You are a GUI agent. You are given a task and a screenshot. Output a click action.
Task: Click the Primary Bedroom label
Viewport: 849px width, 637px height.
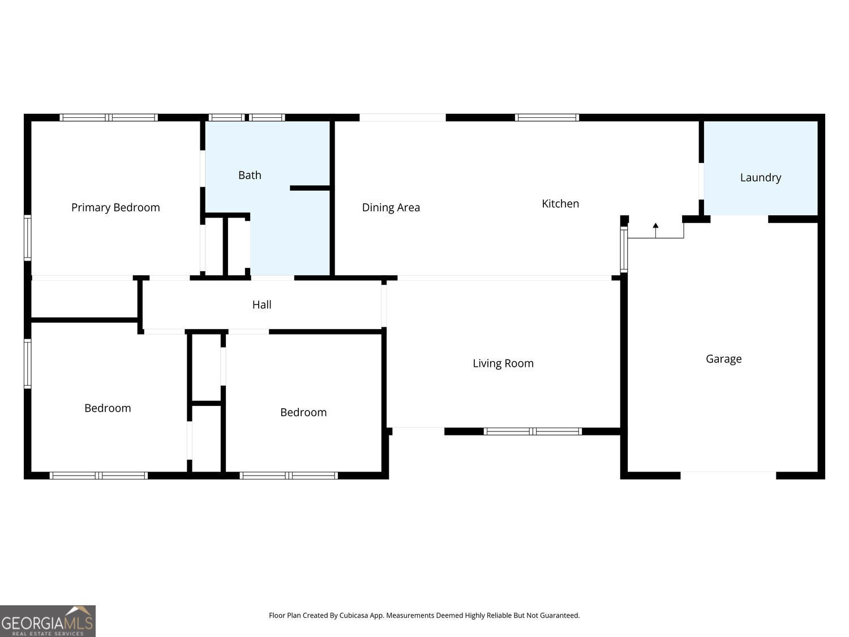[x=115, y=208]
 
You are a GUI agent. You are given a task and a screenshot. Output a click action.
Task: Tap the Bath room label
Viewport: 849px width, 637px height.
[x=250, y=176]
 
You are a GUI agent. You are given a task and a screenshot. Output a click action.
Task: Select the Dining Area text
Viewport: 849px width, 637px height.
[x=391, y=208]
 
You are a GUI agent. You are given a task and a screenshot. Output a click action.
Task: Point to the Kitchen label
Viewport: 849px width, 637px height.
[x=560, y=204]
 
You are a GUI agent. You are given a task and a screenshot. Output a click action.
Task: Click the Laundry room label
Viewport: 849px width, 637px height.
[x=760, y=178]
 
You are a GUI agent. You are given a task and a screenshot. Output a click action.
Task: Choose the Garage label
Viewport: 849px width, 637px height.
[x=723, y=359]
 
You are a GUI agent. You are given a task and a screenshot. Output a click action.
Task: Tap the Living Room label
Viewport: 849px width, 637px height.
[x=503, y=364]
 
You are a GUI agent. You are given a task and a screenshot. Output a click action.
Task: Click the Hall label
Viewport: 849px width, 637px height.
[x=261, y=305]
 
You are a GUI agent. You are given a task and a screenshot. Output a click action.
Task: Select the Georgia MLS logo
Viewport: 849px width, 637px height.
[x=48, y=621]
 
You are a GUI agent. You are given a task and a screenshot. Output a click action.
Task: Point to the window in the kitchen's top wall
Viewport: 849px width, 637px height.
[x=547, y=118]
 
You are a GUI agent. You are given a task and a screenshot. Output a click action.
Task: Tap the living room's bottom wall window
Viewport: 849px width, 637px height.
[x=533, y=431]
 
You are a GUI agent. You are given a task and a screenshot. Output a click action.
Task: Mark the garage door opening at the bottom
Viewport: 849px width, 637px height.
[x=728, y=476]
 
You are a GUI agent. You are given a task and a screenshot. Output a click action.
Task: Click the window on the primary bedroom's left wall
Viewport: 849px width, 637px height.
[x=27, y=238]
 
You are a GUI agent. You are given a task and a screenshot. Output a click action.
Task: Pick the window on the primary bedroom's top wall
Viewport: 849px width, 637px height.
[x=109, y=118]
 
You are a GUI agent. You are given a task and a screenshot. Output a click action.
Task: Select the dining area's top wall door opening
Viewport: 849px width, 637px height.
[x=402, y=118]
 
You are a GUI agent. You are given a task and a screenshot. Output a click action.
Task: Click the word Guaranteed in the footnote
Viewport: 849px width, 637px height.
[x=560, y=615]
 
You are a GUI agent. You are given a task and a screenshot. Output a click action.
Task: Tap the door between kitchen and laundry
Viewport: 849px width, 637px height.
[x=701, y=181]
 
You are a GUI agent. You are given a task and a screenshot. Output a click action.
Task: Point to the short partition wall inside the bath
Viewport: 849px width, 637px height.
[x=310, y=188]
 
